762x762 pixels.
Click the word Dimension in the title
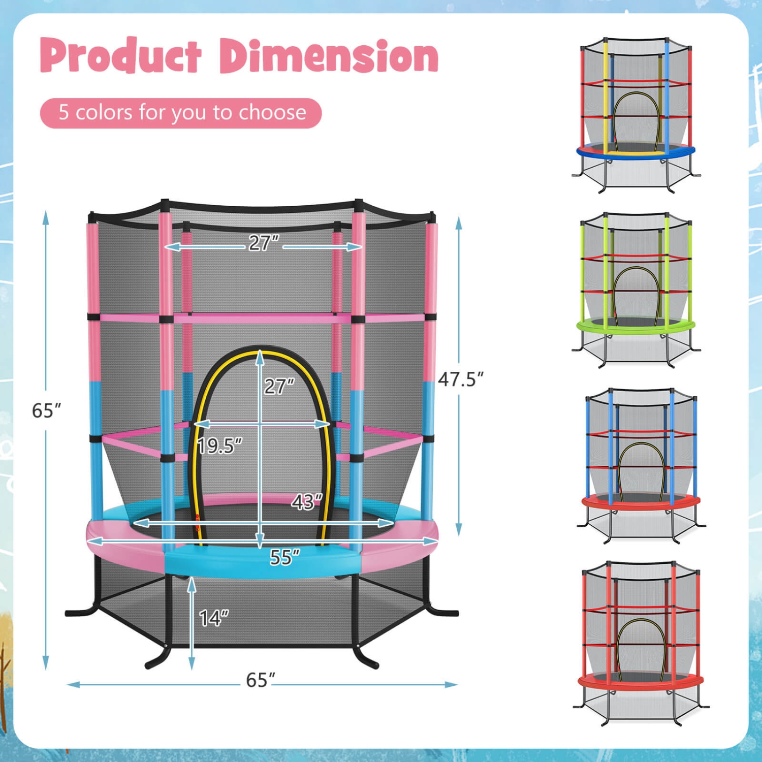coord(329,56)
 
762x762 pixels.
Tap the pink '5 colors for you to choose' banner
coord(181,113)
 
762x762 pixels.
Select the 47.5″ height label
coord(461,379)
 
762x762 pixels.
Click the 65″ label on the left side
coord(46,410)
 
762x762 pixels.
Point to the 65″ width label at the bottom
coord(261,680)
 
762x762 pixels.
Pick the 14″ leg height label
coord(214,618)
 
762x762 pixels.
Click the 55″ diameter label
coord(284,557)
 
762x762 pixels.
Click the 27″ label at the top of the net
coord(264,243)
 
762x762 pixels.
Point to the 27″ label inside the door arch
coord(279,387)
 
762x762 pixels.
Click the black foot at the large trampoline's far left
coord(76,612)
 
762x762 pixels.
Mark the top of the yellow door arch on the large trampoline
coord(260,350)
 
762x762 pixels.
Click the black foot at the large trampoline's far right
coord(447,612)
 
